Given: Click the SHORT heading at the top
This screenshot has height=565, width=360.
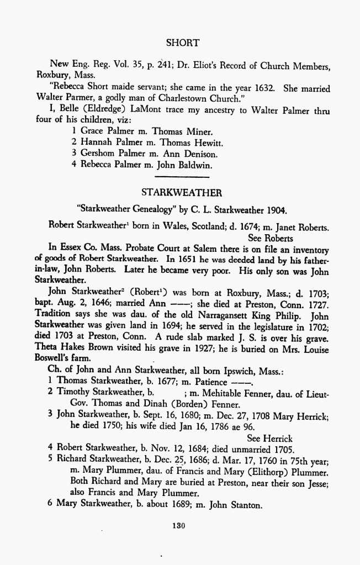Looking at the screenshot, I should click(182, 43).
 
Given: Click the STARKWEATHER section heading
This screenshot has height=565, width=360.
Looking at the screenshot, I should click(182, 193).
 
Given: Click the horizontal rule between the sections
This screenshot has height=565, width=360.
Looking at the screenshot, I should click(182, 177).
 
